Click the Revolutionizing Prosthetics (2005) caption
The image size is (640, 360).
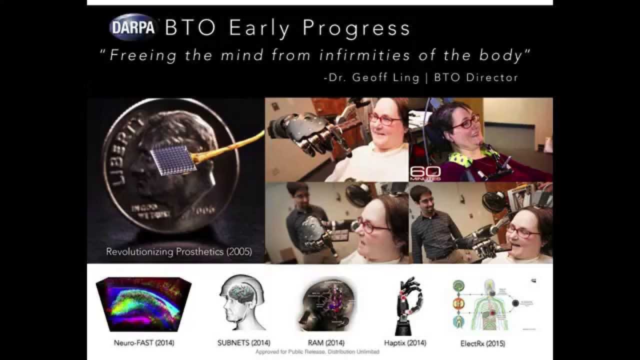[178, 252]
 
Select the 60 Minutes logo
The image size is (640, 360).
[425, 172]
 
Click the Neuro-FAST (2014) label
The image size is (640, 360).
[143, 343]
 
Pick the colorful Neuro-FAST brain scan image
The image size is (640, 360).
[143, 303]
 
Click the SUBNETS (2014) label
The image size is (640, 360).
[243, 343]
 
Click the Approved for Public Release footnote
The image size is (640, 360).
[317, 352]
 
